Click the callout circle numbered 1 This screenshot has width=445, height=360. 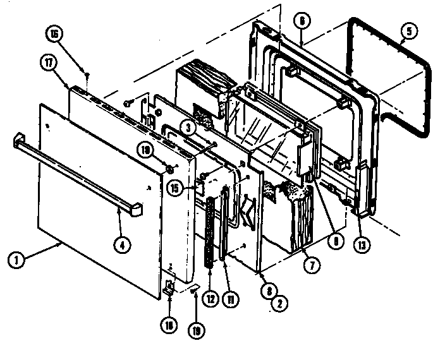point(17,260)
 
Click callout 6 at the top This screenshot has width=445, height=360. point(302,20)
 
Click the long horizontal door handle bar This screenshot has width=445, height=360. point(76,172)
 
